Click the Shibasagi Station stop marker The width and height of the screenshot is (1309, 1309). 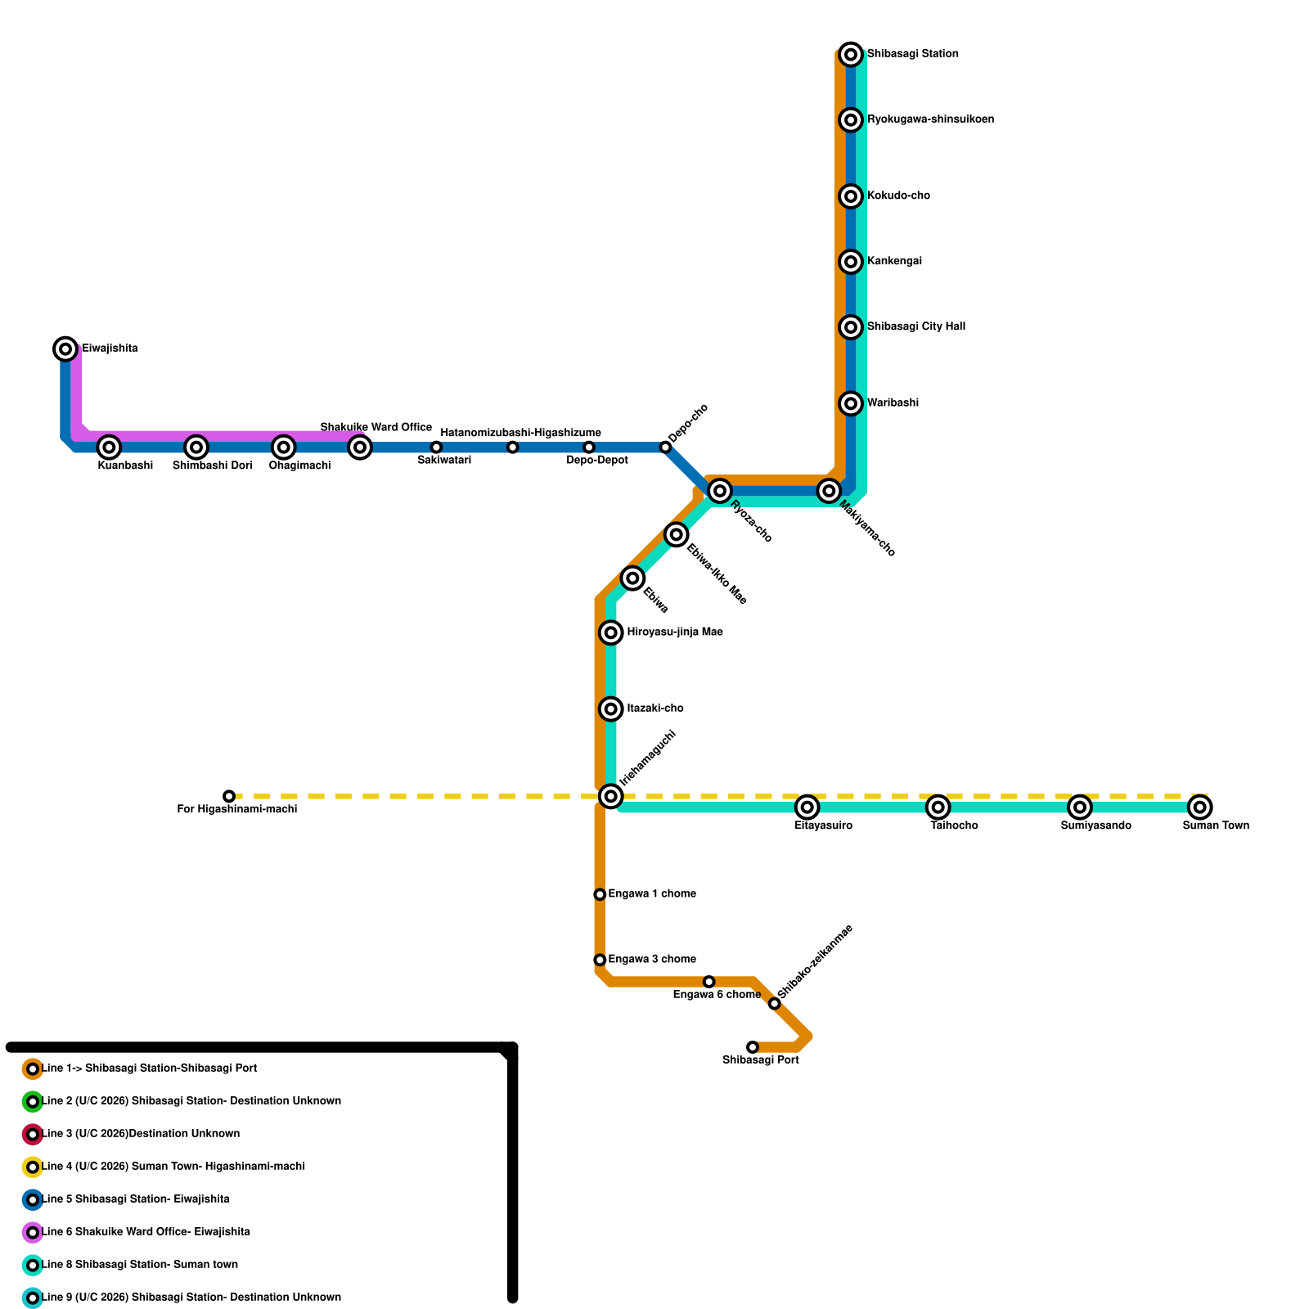851,55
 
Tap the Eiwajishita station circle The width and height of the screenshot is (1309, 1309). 65,349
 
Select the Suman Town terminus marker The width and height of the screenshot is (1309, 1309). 1199,807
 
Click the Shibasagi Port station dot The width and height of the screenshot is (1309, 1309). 753,1047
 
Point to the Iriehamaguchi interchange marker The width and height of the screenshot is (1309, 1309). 610,796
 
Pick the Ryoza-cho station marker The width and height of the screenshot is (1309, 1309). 720,491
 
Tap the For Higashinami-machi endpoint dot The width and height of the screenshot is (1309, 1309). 229,796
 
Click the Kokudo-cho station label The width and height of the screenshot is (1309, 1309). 898,196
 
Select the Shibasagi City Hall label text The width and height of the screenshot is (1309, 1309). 915,327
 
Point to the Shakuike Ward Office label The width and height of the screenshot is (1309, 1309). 376,428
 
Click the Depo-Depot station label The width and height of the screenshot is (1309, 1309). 597,461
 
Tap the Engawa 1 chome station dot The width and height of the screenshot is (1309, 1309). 600,894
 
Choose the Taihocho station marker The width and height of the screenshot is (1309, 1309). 938,807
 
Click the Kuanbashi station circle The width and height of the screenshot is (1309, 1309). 109,448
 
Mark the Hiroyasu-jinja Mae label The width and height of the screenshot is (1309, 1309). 674,632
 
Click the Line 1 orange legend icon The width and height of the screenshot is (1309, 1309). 32,1069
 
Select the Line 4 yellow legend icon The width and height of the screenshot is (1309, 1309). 32,1167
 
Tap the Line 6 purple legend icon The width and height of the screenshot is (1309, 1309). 32,1233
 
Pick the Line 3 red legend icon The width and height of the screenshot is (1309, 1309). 32,1135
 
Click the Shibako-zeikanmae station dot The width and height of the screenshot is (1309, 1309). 774,1004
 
